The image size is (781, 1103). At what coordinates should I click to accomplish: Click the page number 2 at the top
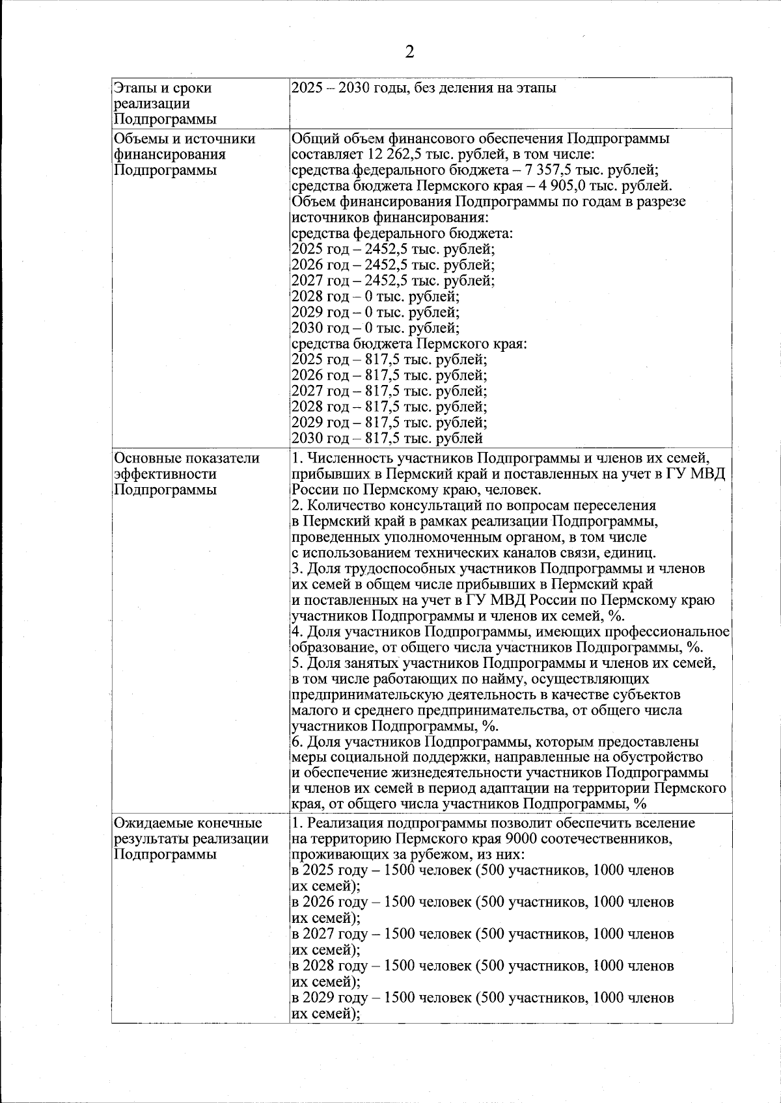[x=409, y=53]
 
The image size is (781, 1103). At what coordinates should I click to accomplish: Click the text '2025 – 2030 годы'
[x=344, y=88]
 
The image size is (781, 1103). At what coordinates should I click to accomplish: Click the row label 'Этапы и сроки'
[x=163, y=88]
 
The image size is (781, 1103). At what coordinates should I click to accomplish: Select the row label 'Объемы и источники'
[x=184, y=139]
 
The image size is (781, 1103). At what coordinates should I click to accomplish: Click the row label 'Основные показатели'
[x=187, y=458]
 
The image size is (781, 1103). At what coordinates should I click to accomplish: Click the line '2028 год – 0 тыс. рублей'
[x=375, y=297]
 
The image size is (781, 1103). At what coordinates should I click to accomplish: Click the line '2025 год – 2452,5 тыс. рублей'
[x=392, y=249]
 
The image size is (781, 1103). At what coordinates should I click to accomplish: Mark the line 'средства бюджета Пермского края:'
[x=409, y=344]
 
